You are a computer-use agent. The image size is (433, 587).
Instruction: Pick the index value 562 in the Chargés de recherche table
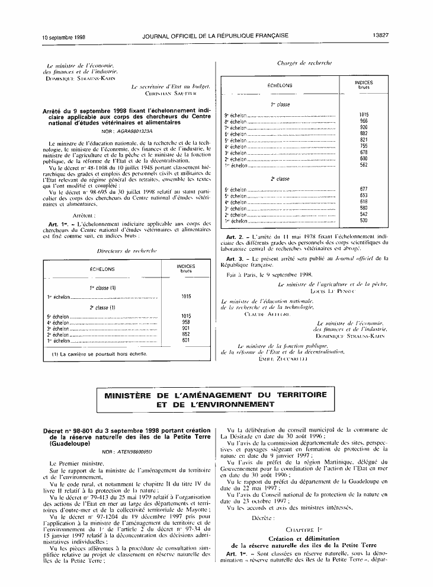[x=364, y=165]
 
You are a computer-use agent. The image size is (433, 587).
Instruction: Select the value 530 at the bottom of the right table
[x=364, y=221]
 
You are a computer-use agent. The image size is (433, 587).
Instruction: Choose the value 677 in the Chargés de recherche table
[x=364, y=189]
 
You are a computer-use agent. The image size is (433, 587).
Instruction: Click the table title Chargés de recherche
[x=304, y=63]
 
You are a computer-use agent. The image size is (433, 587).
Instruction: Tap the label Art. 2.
[x=234, y=237]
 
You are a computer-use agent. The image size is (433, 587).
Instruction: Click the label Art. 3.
[x=234, y=259]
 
